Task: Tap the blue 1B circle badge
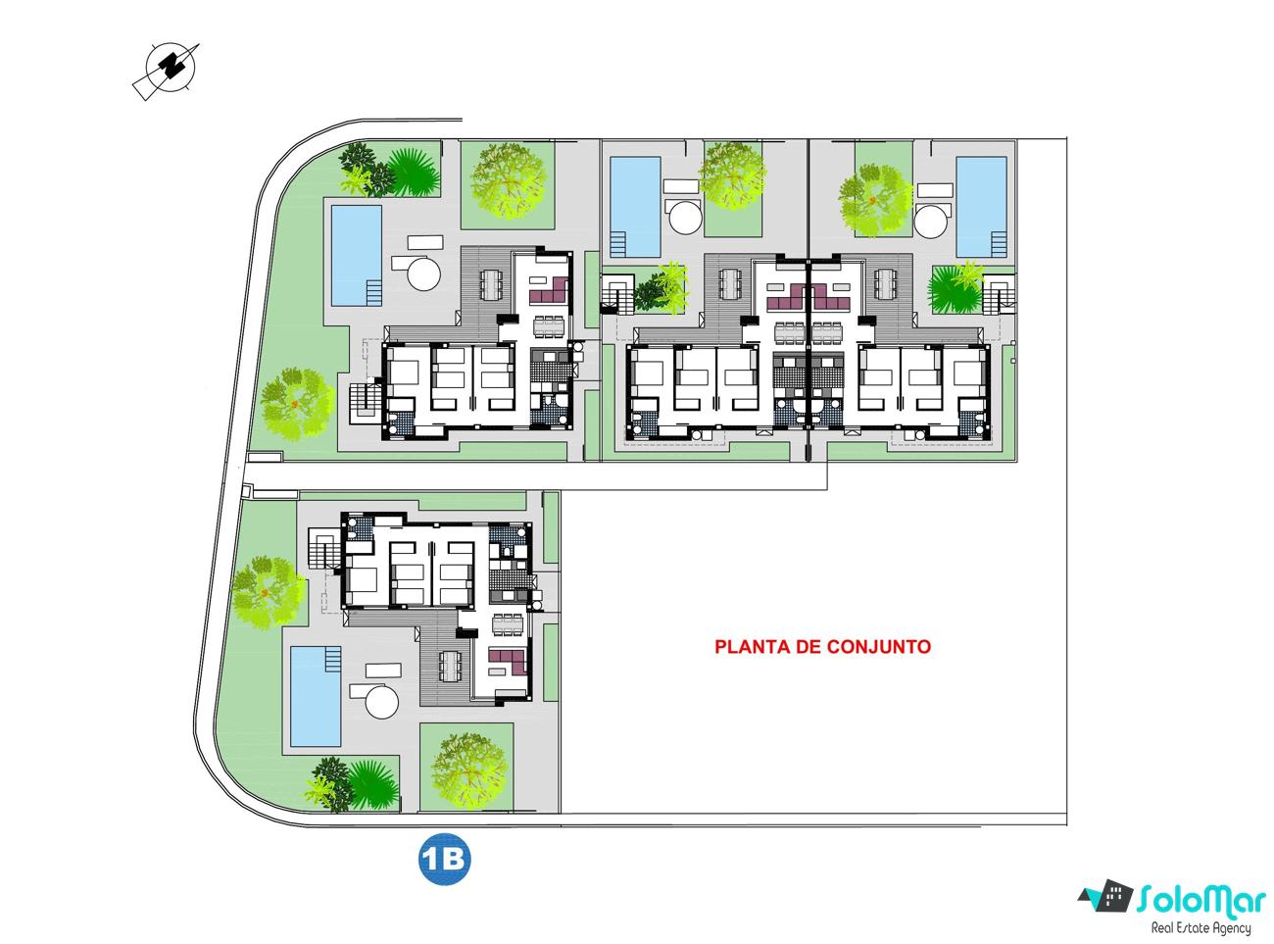click(x=444, y=859)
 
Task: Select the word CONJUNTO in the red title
click(x=879, y=646)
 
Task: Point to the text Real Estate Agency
click(x=1200, y=928)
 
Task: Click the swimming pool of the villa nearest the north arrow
click(x=356, y=256)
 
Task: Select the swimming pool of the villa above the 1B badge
click(x=316, y=696)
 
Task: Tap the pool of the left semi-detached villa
click(x=635, y=207)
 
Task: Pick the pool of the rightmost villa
click(x=981, y=207)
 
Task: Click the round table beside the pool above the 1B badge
click(x=381, y=702)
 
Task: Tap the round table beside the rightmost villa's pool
click(x=931, y=221)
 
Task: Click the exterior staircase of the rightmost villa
click(x=1000, y=294)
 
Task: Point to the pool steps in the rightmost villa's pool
click(x=999, y=244)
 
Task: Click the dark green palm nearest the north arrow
click(x=413, y=173)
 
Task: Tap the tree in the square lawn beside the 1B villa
click(x=468, y=770)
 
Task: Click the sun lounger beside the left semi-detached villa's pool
click(x=681, y=186)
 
